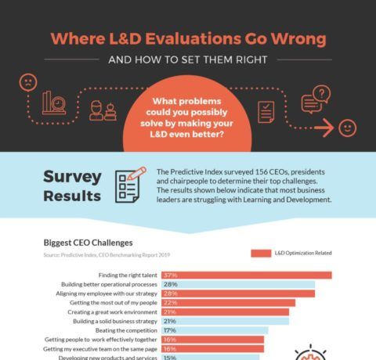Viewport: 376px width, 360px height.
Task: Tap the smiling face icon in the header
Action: click(347, 128)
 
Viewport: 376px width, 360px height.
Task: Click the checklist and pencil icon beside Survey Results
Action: click(130, 184)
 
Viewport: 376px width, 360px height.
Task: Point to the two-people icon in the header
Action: click(103, 110)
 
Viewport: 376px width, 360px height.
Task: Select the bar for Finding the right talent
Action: click(246, 275)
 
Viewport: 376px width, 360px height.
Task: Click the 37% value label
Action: click(170, 275)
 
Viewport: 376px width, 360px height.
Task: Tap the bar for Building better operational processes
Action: click(237, 284)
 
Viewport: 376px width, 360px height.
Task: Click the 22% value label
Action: click(170, 302)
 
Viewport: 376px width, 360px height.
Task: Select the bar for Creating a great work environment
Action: click(224, 311)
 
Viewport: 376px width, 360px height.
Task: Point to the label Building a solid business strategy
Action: click(114, 321)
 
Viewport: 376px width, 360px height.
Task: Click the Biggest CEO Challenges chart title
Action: click(88, 243)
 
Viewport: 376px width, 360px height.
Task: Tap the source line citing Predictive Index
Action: click(107, 254)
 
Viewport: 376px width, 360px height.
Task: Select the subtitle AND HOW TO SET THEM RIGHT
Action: click(188, 59)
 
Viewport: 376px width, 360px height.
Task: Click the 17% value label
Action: click(169, 330)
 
